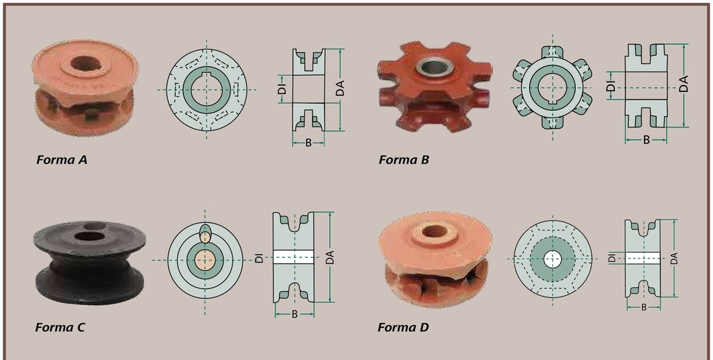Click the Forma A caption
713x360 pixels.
pos(62,159)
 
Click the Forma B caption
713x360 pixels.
pos(404,159)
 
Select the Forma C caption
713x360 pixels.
pos(60,327)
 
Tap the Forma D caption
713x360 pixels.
pos(403,327)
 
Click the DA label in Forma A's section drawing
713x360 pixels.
pos(340,88)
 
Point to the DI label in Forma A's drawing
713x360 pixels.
pos(283,88)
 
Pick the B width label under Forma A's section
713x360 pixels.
pos(308,143)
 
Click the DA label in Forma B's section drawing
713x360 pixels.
pos(684,84)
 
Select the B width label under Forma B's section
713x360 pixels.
pos(646,141)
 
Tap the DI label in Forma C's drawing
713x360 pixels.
pos(259,258)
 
